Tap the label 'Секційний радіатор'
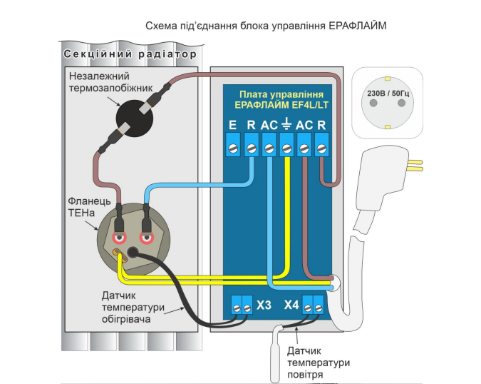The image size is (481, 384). click(128, 54)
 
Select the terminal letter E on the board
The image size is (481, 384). click(232, 126)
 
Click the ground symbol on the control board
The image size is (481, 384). click(286, 126)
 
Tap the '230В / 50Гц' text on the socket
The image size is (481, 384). click(389, 92)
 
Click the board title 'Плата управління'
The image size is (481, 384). click(281, 94)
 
